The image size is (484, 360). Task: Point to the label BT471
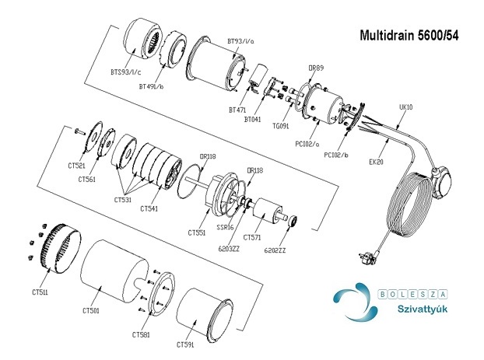click(x=237, y=110)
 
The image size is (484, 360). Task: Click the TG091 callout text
click(x=282, y=126)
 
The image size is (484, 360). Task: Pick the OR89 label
click(x=315, y=68)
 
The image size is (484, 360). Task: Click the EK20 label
click(x=377, y=162)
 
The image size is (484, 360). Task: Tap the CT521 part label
click(x=76, y=166)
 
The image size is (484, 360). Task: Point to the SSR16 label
click(x=225, y=228)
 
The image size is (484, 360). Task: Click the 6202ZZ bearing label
click(x=275, y=250)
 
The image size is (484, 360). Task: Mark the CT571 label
click(x=252, y=237)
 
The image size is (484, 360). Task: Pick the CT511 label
click(x=40, y=292)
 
